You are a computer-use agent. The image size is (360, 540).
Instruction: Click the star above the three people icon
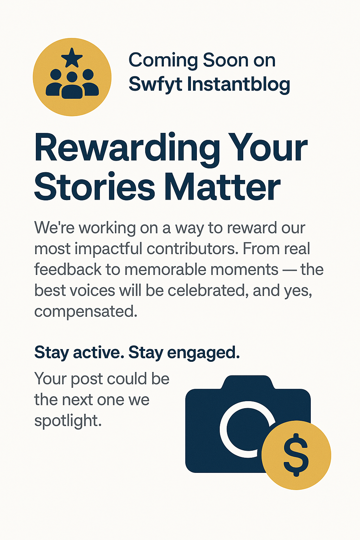[x=72, y=58]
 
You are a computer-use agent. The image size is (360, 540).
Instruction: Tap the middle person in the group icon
[x=72, y=85]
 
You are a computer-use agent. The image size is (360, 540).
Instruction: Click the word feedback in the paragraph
[x=68, y=269]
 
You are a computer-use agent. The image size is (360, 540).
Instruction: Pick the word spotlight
[x=68, y=421]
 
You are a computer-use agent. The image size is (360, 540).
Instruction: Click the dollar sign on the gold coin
[x=296, y=455]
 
